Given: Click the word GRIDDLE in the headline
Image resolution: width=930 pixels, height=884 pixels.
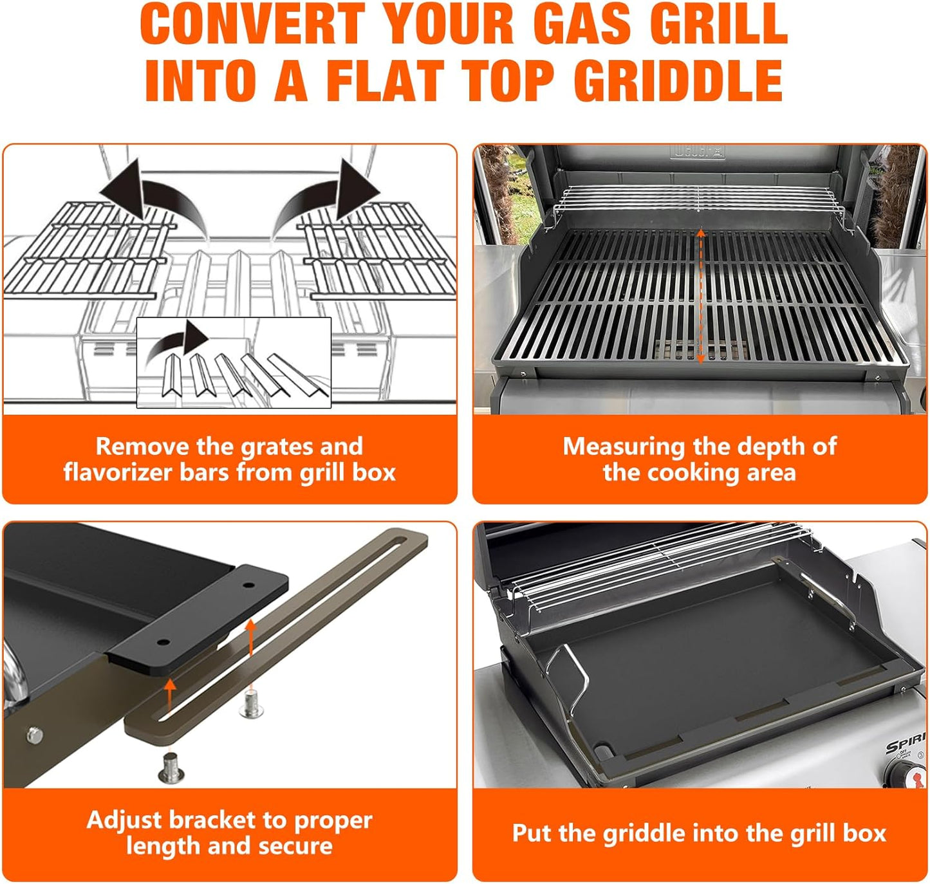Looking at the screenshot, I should coord(678,80).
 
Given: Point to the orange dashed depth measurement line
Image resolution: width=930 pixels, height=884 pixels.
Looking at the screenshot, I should coord(701,296).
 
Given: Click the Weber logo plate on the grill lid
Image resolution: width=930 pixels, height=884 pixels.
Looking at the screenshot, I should coord(698,152).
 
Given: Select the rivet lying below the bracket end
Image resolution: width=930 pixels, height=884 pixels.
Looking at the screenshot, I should coord(171,768).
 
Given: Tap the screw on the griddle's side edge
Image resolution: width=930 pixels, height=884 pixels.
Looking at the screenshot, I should coord(33,733).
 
